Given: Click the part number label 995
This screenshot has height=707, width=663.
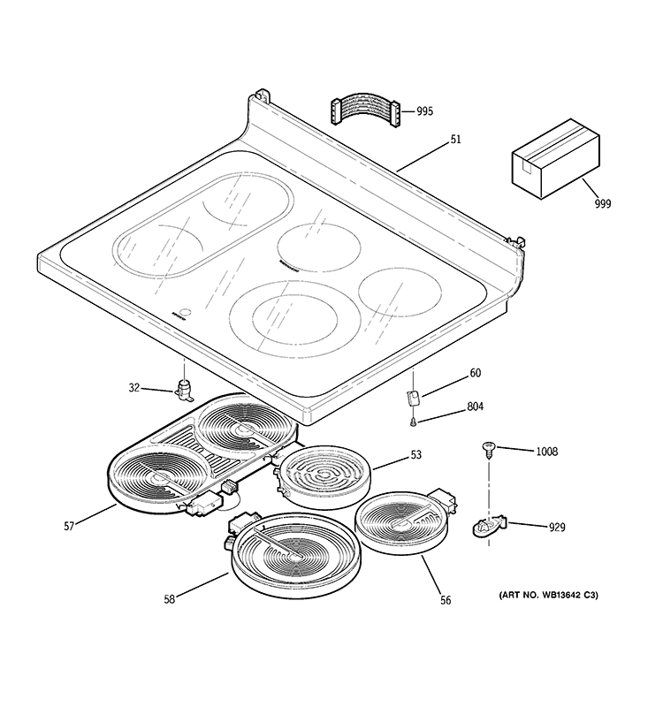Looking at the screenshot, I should click(x=425, y=111).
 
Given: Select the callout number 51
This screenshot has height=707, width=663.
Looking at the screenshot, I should click(x=456, y=139).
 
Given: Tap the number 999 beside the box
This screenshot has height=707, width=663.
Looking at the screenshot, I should click(x=603, y=203).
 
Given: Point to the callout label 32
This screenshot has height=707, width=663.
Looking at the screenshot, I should click(x=134, y=387).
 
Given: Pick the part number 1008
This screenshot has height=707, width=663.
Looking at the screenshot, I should click(x=546, y=452).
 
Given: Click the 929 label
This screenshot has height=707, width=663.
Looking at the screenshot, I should click(x=557, y=528).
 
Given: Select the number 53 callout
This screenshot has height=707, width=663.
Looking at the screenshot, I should click(x=415, y=454).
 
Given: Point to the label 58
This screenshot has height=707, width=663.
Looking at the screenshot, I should click(x=169, y=599).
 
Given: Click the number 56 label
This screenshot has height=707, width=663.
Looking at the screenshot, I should click(x=446, y=601).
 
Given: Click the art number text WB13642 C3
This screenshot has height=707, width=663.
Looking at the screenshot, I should click(x=543, y=596).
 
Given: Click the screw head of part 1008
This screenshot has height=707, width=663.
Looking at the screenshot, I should click(x=487, y=448).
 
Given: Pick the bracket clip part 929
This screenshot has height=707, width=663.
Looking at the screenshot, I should click(x=489, y=527).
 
